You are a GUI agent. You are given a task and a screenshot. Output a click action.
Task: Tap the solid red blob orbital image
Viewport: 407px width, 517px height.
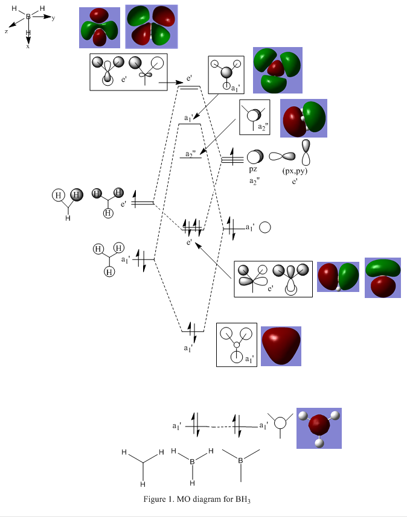281,346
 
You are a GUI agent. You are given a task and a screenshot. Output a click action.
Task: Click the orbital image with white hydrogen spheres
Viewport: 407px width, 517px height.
319,428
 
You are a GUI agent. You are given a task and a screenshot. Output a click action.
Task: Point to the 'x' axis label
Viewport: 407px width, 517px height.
28,46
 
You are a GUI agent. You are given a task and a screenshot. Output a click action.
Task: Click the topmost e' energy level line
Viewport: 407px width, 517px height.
188,87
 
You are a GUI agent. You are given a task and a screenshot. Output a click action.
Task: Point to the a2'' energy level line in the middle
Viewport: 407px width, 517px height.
191,159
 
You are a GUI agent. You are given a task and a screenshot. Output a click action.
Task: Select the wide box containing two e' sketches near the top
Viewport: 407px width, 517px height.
129,72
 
